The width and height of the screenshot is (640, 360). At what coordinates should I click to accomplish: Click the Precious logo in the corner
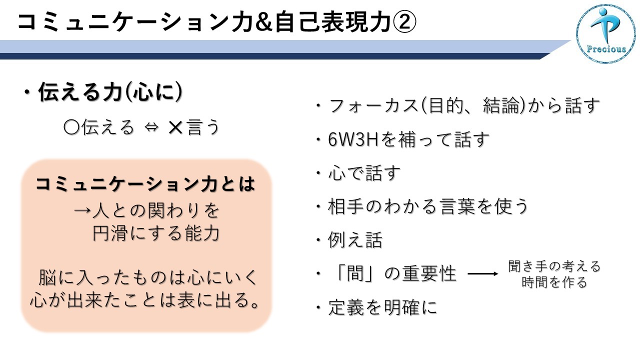pyautogui.click(x=606, y=33)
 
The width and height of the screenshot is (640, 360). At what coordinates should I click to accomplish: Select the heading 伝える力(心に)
pyautogui.click(x=110, y=92)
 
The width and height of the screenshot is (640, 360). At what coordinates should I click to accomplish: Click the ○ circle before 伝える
pyautogui.click(x=71, y=127)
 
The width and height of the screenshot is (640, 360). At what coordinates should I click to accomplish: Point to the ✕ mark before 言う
pyautogui.click(x=175, y=127)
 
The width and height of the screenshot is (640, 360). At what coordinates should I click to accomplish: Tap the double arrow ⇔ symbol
pyautogui.click(x=151, y=127)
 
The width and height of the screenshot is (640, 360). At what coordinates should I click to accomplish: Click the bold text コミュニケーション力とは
pyautogui.click(x=145, y=183)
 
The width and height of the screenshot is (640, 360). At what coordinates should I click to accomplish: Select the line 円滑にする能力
pyautogui.click(x=156, y=233)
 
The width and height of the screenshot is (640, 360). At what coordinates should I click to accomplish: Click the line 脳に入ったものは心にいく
pyautogui.click(x=147, y=277)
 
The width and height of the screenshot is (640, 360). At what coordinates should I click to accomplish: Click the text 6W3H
pyautogui.click(x=353, y=139)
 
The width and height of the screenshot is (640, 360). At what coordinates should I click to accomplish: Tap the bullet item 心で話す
pyautogui.click(x=364, y=173)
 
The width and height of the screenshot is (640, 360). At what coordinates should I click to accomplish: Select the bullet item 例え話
pyautogui.click(x=355, y=239)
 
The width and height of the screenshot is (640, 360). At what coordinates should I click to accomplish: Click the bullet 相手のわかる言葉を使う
pyautogui.click(x=427, y=206)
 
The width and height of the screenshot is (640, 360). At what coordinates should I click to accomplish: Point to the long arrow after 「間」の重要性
pyautogui.click(x=483, y=273)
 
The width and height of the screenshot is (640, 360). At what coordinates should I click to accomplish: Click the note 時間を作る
pyautogui.click(x=554, y=282)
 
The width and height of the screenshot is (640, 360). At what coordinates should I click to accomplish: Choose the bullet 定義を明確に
pyautogui.click(x=383, y=307)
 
